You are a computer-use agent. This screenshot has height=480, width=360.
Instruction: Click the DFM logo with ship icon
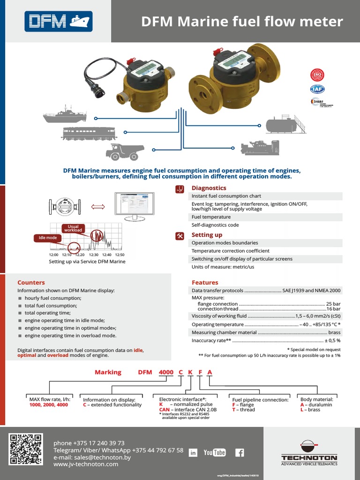click(58, 21)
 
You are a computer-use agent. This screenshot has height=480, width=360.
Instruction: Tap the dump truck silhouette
click(125, 151)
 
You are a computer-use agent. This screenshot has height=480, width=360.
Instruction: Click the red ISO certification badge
click(317, 75)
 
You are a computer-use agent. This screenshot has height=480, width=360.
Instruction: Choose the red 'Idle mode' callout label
click(48, 238)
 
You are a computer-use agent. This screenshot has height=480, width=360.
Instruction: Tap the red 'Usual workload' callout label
click(73, 228)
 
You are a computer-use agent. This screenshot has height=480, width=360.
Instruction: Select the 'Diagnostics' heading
click(209, 188)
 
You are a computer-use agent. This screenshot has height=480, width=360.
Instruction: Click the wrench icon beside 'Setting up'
click(180, 235)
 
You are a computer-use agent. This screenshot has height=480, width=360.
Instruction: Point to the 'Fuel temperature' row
click(211, 217)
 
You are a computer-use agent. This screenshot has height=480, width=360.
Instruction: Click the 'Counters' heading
click(31, 283)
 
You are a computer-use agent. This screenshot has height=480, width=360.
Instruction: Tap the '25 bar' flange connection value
click(333, 304)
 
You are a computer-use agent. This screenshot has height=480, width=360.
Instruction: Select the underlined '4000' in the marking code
click(166, 372)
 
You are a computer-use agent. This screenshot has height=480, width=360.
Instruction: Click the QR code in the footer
click(26, 450)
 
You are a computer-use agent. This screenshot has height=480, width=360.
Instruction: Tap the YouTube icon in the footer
click(215, 452)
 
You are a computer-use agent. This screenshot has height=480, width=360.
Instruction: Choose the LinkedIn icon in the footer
click(193, 453)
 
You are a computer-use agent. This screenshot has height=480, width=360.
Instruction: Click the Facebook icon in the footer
click(239, 452)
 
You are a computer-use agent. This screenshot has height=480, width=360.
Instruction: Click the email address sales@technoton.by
click(92, 457)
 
